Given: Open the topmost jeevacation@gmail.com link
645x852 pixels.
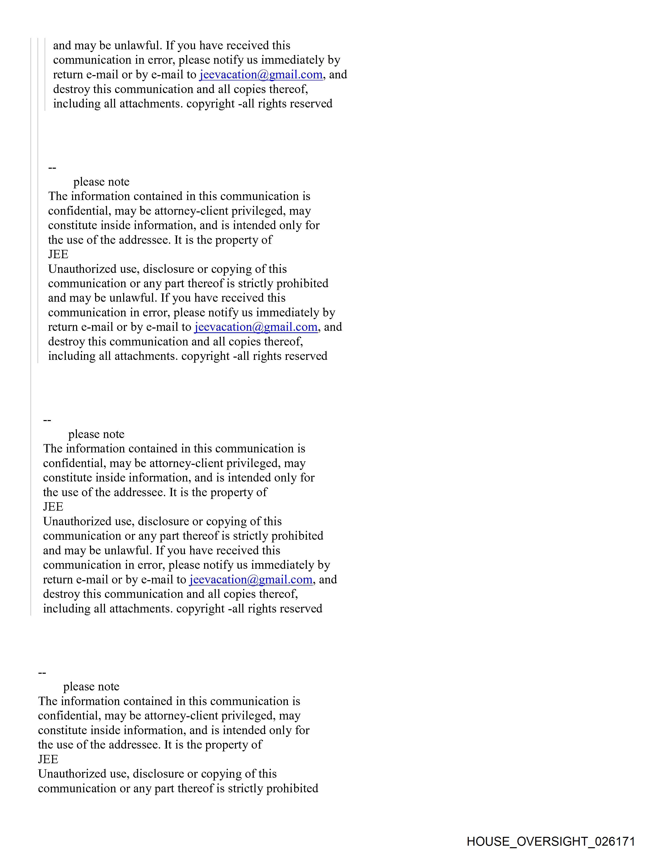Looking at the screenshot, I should point(261,74).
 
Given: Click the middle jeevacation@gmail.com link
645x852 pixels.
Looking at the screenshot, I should point(256,327).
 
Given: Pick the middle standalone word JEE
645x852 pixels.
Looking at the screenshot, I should point(53,507).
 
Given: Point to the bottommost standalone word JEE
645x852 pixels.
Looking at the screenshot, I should point(48,759).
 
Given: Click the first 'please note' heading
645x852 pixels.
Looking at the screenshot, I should point(101,182).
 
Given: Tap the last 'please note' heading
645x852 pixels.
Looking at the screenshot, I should point(91,687).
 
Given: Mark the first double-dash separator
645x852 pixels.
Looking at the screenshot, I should point(52,168).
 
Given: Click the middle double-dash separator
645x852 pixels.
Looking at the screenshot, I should point(47,420).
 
